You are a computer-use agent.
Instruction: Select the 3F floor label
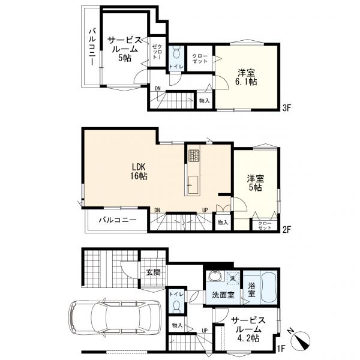287,108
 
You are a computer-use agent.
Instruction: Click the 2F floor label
287,229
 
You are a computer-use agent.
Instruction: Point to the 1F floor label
280,349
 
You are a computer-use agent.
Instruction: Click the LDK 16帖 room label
139,171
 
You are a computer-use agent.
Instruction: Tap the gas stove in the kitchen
194,155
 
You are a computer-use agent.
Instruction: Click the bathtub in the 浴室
269,287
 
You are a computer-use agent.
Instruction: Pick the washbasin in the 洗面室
215,276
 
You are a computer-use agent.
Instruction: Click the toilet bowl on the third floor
176,53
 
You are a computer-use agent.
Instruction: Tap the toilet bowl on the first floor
176,307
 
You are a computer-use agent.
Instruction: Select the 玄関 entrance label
153,272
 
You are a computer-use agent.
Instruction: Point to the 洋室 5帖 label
256,183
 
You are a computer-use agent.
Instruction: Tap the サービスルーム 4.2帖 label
248,329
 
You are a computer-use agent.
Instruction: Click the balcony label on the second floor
118,220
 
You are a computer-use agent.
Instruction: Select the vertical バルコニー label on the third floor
92,47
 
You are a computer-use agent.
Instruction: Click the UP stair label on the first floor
205,331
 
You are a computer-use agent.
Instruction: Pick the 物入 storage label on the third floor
205,101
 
